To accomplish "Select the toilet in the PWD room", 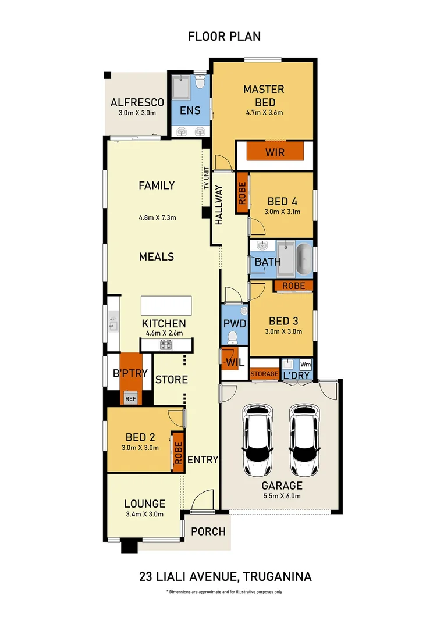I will click(232, 337).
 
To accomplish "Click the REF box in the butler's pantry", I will click(130, 399).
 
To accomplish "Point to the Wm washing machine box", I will click(306, 365).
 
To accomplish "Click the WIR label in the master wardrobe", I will click(275, 153).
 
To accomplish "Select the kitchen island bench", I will click(166, 305).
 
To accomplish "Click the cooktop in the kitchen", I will click(165, 345).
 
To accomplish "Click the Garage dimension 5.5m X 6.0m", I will click(281, 497).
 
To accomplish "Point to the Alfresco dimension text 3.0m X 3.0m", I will click(137, 113).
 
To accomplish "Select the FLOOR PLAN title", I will click(224, 36).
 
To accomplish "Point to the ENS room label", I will click(190, 110).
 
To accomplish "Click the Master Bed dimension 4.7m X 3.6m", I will click(264, 112).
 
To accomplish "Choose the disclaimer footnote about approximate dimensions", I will click(224, 592).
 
